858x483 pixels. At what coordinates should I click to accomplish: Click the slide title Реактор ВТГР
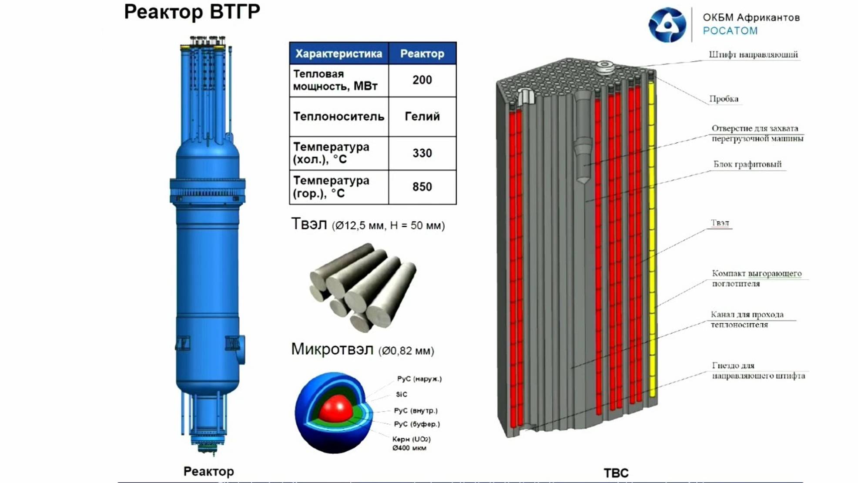(192, 12)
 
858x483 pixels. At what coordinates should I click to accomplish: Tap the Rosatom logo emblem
(667, 25)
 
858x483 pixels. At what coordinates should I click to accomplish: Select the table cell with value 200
(422, 80)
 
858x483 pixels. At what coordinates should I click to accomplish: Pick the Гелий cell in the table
(422, 117)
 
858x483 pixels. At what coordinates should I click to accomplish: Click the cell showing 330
(422, 153)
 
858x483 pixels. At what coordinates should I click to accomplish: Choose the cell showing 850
(422, 187)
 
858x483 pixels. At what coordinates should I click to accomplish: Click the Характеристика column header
(339, 54)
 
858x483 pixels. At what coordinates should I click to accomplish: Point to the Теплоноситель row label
(339, 117)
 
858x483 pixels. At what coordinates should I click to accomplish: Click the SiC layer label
(402, 394)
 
